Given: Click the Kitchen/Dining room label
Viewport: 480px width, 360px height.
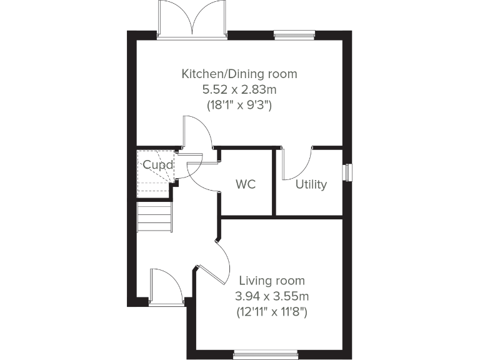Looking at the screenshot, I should [x=239, y=74].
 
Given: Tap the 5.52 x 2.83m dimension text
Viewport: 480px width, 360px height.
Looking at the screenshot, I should [x=239, y=89].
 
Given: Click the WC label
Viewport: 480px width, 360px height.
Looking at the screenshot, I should [x=245, y=185].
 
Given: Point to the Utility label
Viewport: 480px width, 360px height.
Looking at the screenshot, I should [x=311, y=185].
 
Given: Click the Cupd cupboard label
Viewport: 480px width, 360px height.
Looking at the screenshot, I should [x=154, y=165].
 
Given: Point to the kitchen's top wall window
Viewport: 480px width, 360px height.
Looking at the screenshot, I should [x=292, y=35].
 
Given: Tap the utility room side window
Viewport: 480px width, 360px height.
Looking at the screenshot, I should [x=347, y=171].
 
